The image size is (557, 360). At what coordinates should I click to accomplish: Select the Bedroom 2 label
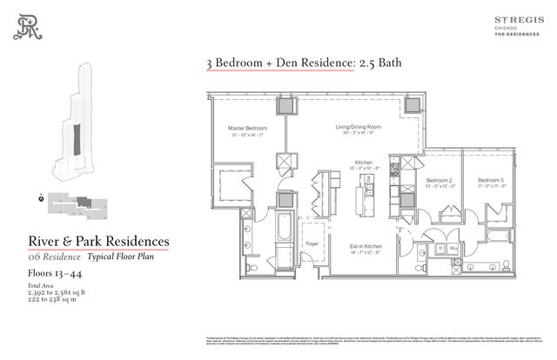pos(439,177)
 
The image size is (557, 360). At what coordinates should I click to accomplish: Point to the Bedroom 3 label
pos(480,177)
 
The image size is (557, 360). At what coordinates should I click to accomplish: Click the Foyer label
pos(311,244)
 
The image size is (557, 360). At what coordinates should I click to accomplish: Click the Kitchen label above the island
pos(365,161)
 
